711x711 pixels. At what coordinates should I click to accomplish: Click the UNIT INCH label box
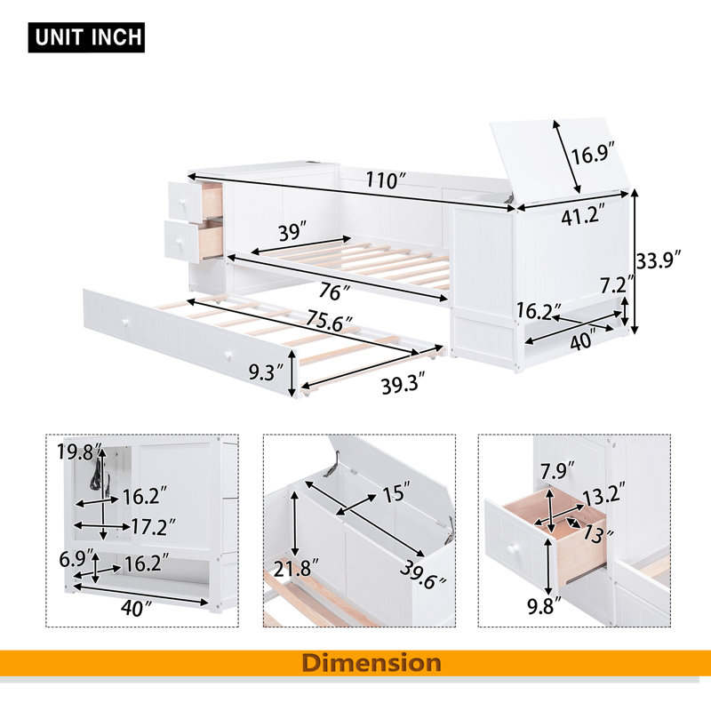[86, 37]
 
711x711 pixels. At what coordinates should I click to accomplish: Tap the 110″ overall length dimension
[382, 180]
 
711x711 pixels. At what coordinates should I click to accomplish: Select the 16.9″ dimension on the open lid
[592, 154]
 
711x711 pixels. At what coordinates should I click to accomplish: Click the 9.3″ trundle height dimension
[266, 371]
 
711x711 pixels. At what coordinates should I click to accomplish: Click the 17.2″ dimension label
[153, 526]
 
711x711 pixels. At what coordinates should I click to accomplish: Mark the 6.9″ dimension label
[76, 559]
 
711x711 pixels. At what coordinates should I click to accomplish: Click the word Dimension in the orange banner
[371, 662]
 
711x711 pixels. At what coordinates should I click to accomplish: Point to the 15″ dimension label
[395, 492]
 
